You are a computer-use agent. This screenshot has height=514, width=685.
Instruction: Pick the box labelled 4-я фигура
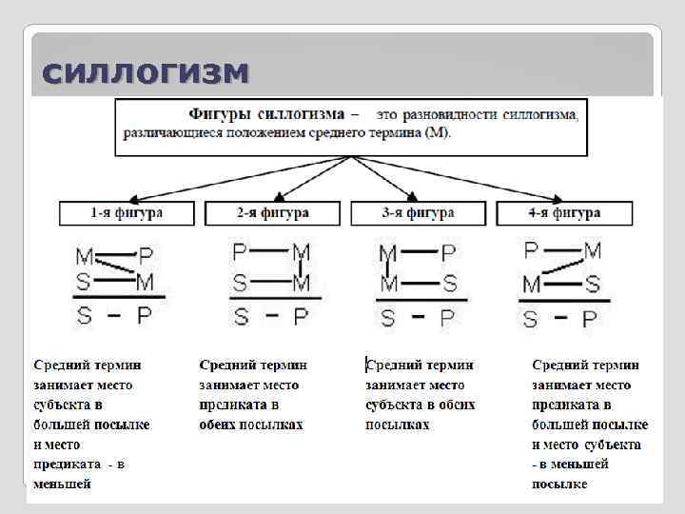[564, 213]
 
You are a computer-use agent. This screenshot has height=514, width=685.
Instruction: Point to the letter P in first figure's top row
[146, 256]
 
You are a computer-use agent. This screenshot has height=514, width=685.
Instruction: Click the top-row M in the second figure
[301, 252]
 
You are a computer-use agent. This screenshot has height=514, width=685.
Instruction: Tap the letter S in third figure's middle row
[448, 284]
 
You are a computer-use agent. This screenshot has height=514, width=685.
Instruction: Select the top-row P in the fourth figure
[531, 251]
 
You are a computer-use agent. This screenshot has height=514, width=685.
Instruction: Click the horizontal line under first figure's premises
[118, 298]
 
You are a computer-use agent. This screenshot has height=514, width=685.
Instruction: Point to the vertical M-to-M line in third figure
[388, 269]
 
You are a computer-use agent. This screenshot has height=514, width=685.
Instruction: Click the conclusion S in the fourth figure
[530, 318]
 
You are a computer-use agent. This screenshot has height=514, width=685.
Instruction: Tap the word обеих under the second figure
[219, 425]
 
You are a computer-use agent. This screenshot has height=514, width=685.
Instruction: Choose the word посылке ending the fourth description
[559, 484]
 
